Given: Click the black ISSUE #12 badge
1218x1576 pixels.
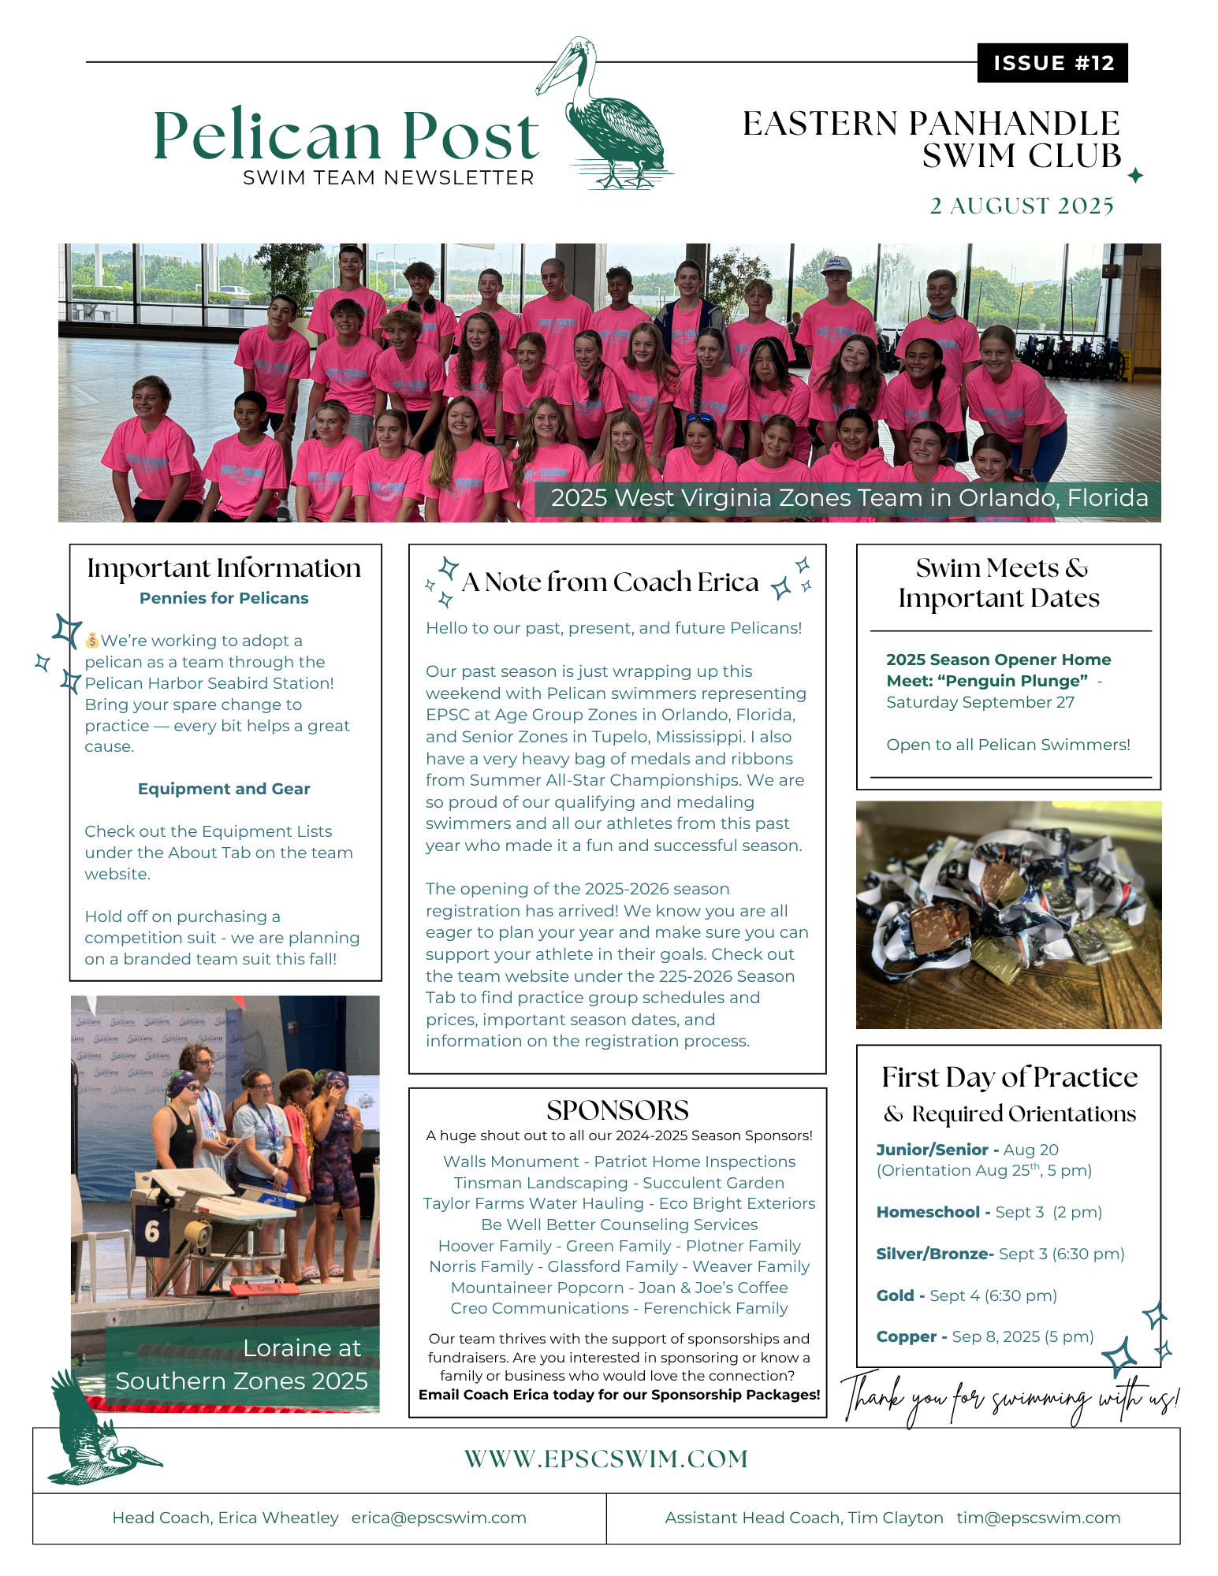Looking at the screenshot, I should [1052, 63].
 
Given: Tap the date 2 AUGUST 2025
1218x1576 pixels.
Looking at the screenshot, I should [1021, 206].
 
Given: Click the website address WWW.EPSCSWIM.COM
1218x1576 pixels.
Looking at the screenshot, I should [605, 1459].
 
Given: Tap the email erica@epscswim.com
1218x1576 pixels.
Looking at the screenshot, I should [438, 1518].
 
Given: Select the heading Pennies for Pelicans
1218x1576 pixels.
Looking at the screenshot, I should [224, 598].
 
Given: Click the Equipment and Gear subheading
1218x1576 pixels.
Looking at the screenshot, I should [224, 789].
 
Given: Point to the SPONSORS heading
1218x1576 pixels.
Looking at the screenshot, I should [617, 1110].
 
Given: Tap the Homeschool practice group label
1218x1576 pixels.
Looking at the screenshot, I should [928, 1212].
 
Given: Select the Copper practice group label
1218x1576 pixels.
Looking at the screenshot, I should [907, 1336].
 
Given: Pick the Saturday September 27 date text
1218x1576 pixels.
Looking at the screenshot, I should [980, 702].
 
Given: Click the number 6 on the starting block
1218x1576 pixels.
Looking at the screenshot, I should [152, 1231].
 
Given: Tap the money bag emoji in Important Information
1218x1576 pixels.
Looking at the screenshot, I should [92, 641].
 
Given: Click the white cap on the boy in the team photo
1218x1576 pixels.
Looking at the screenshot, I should [836, 266].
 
